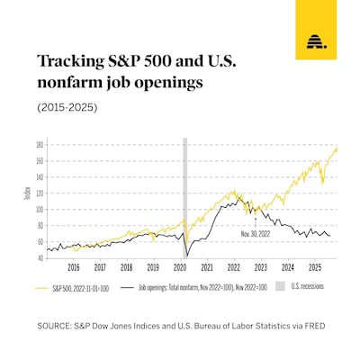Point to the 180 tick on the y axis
40,144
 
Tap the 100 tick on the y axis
40,209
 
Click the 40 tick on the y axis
40,258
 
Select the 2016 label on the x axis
73,267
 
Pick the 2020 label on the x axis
180,267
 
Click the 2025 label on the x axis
314,267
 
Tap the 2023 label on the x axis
260,267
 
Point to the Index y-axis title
28,194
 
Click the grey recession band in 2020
184,198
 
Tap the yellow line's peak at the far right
337,148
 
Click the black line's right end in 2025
329,236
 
